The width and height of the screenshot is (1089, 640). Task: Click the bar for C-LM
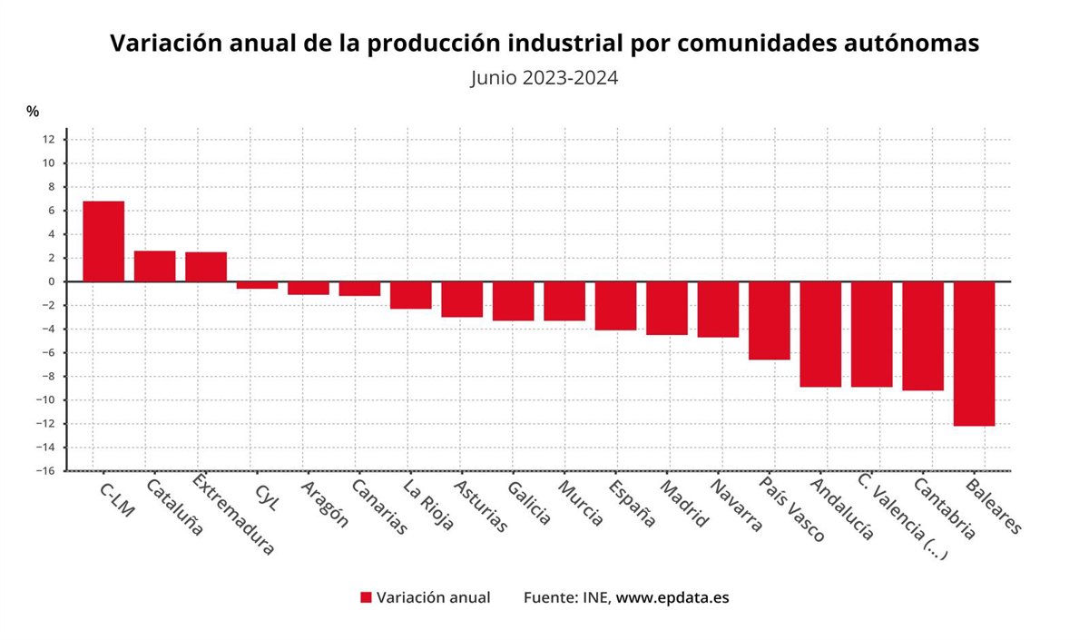click(x=103, y=241)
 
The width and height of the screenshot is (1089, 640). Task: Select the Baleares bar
click(x=975, y=353)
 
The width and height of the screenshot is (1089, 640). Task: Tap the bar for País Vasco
click(x=770, y=320)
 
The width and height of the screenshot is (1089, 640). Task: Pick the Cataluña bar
click(x=154, y=266)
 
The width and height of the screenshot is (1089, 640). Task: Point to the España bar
click(x=615, y=305)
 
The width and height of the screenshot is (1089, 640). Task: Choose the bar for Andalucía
click(x=820, y=334)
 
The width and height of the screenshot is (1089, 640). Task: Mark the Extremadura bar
click(x=206, y=267)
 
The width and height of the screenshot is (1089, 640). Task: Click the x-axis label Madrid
click(x=684, y=503)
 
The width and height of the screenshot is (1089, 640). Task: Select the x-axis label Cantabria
click(x=944, y=509)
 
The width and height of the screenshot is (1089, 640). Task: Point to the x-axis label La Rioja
click(x=428, y=505)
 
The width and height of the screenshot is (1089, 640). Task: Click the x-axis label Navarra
click(x=736, y=506)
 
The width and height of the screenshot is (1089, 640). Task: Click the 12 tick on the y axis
click(x=48, y=140)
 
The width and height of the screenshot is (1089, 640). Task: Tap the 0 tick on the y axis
click(x=51, y=281)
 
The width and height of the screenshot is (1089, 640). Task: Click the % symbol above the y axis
click(x=33, y=112)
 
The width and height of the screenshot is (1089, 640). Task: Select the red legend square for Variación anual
click(x=366, y=597)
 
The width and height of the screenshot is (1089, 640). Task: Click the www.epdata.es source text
click(x=672, y=597)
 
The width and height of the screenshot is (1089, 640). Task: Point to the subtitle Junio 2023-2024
click(x=544, y=77)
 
